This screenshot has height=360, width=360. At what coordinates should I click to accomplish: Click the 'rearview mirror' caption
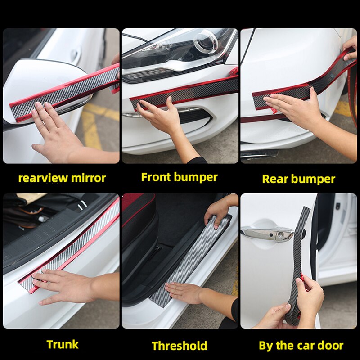coord(62,178)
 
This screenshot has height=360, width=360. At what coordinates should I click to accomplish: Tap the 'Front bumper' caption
coord(179,177)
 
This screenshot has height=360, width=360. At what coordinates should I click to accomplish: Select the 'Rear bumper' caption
coord(298,179)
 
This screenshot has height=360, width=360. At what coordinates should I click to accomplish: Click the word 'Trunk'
coord(62,345)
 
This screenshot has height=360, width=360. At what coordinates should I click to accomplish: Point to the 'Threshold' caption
coord(179,346)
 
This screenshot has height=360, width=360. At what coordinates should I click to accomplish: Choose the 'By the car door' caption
coord(301,346)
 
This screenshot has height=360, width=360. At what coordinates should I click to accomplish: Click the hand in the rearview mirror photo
coord(56,130)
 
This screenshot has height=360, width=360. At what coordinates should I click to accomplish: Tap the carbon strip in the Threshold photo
coord(189,261)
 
